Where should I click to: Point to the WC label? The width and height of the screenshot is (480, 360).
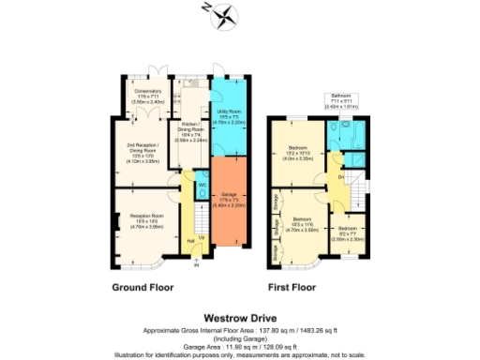pos(202,185)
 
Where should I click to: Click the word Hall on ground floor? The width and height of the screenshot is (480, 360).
pos(190,241)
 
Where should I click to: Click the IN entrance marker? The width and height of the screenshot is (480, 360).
pos(197,266)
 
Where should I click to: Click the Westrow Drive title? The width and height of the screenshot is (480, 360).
pos(240,317)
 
